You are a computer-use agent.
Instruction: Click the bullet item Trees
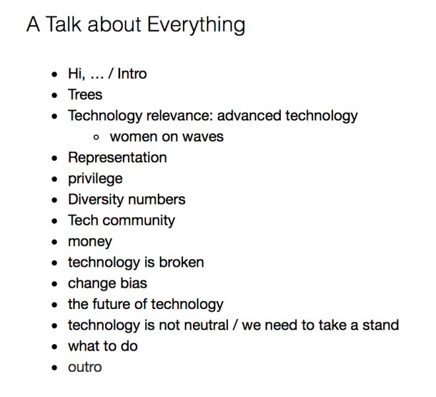click(85, 95)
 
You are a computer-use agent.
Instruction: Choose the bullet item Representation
click(117, 157)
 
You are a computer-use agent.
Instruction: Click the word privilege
click(94, 179)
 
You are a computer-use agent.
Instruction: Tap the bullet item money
click(90, 242)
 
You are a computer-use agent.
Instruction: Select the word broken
click(181, 262)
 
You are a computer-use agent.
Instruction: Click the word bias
click(134, 283)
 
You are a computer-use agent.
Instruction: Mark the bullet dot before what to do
click(55, 347)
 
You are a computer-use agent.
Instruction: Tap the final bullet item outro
click(85, 367)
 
